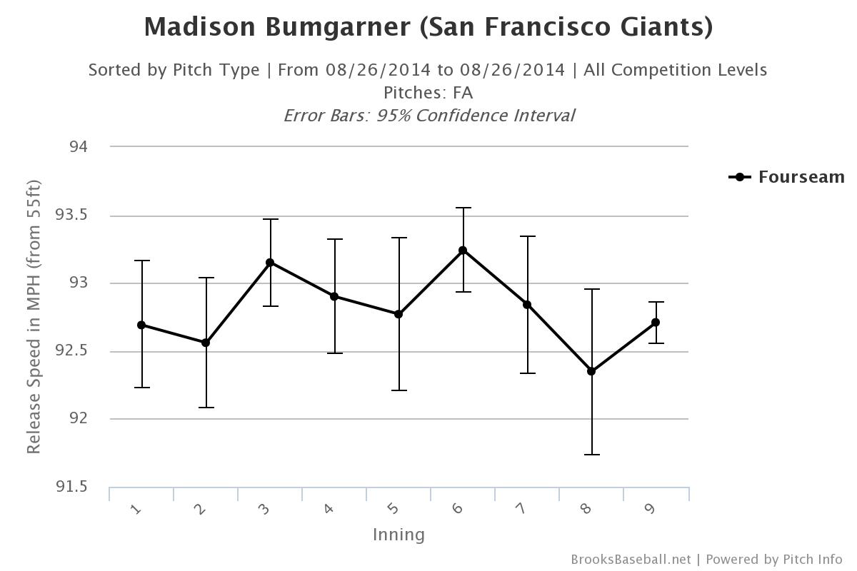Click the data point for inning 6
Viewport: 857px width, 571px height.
coord(463,251)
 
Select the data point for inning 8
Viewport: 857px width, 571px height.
coord(591,371)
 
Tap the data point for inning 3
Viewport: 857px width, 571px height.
coord(270,263)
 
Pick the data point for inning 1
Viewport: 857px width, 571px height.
coord(141,325)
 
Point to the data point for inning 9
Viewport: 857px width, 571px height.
coord(656,323)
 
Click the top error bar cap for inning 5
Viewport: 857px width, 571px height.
coord(399,238)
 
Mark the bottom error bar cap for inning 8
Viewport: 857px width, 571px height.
coord(591,455)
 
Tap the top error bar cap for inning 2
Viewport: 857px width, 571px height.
coord(206,278)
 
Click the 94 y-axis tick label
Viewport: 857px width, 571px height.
coord(79,147)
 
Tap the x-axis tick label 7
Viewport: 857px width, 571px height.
coord(521,508)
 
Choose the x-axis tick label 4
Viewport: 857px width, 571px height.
coord(329,508)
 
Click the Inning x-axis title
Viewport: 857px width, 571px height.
coord(399,535)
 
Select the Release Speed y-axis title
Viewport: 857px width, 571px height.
coord(34,317)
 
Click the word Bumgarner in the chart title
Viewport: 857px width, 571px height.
coord(339,27)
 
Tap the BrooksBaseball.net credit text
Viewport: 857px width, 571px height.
coord(631,560)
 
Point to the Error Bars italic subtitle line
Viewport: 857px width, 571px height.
coord(428,116)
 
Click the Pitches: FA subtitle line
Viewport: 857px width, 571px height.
coord(428,93)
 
